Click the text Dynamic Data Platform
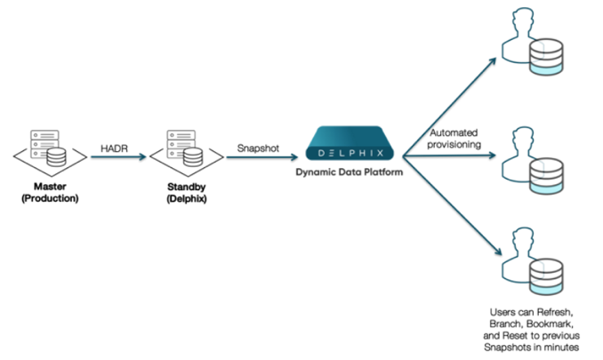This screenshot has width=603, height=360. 350,173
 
